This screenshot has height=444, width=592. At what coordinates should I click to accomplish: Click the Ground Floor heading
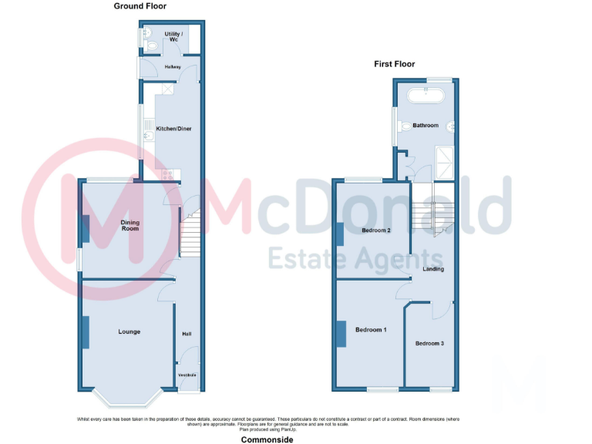click(140, 6)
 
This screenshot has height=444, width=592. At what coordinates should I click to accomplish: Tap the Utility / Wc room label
click(172, 36)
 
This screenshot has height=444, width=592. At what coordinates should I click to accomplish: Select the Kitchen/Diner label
click(174, 128)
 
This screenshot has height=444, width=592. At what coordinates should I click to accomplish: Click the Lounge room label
click(129, 331)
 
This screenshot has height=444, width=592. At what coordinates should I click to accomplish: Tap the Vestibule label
click(187, 375)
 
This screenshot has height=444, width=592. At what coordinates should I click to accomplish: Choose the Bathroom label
click(425, 126)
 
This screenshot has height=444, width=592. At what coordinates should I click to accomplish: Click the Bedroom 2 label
click(377, 230)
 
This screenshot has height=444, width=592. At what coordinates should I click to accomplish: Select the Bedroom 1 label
click(370, 330)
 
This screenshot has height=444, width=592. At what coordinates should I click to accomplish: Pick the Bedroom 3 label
click(429, 343)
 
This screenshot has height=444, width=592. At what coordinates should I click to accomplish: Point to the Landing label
click(433, 269)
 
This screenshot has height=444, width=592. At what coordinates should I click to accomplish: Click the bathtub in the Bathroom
click(426, 96)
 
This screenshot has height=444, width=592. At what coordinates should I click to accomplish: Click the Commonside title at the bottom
click(267, 439)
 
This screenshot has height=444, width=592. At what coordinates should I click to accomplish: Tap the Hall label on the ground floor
click(187, 334)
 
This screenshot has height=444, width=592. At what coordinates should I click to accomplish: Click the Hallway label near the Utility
click(173, 67)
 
